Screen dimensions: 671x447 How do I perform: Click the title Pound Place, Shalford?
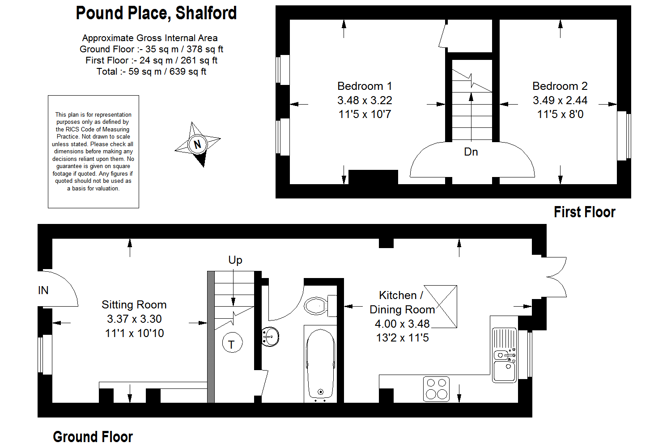(156, 13)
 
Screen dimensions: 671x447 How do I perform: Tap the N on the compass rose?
(197, 144)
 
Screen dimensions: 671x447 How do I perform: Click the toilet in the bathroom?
(320, 306)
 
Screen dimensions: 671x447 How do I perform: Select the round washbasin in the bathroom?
(270, 337)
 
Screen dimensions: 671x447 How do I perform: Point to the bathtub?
(320, 364)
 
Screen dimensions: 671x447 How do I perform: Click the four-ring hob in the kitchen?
(437, 389)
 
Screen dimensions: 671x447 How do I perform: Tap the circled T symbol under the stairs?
(232, 343)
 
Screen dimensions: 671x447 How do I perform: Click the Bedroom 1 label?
(365, 86)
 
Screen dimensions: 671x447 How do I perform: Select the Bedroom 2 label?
(560, 86)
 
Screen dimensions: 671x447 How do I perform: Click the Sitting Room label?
(134, 305)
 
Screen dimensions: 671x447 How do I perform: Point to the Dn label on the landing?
(471, 152)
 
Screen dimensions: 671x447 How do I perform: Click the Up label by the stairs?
(235, 260)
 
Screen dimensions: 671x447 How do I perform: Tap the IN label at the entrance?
(43, 290)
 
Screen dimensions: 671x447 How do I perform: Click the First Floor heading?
(584, 212)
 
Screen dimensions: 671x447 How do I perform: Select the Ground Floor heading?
(93, 437)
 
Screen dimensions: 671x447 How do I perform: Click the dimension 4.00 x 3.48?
(402, 324)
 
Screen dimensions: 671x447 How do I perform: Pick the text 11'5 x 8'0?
(560, 114)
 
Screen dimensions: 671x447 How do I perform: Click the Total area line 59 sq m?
(151, 72)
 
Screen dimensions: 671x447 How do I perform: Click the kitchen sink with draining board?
(505, 355)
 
